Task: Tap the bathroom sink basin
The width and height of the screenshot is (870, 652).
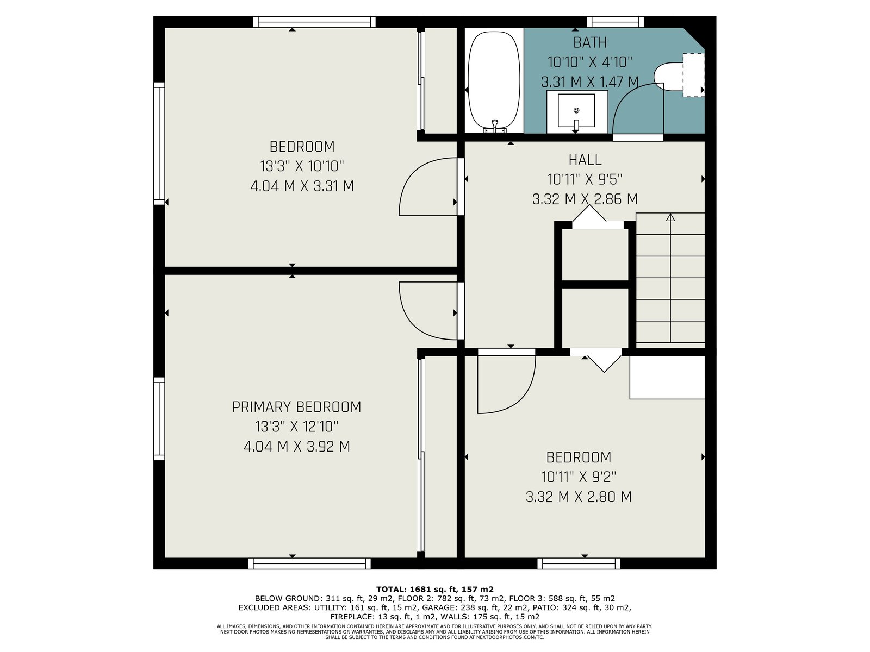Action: point(576,110)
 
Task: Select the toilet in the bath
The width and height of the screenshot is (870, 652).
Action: point(679,75)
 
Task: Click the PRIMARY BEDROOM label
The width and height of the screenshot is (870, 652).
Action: point(296,407)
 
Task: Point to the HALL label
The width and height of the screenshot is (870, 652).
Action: point(585,160)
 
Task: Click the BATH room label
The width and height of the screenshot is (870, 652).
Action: point(590,42)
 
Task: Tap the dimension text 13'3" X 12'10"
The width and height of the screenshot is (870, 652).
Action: point(297,427)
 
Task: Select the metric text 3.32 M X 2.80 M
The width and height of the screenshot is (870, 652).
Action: point(579,497)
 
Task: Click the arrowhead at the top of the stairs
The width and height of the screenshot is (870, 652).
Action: point(670,217)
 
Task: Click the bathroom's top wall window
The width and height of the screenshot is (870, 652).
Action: point(615,22)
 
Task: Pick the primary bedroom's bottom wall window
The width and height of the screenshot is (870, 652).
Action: point(309,564)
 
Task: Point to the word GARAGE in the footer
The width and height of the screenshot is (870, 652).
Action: point(438,607)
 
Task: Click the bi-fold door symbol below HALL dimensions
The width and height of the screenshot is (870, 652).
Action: point(589,214)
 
